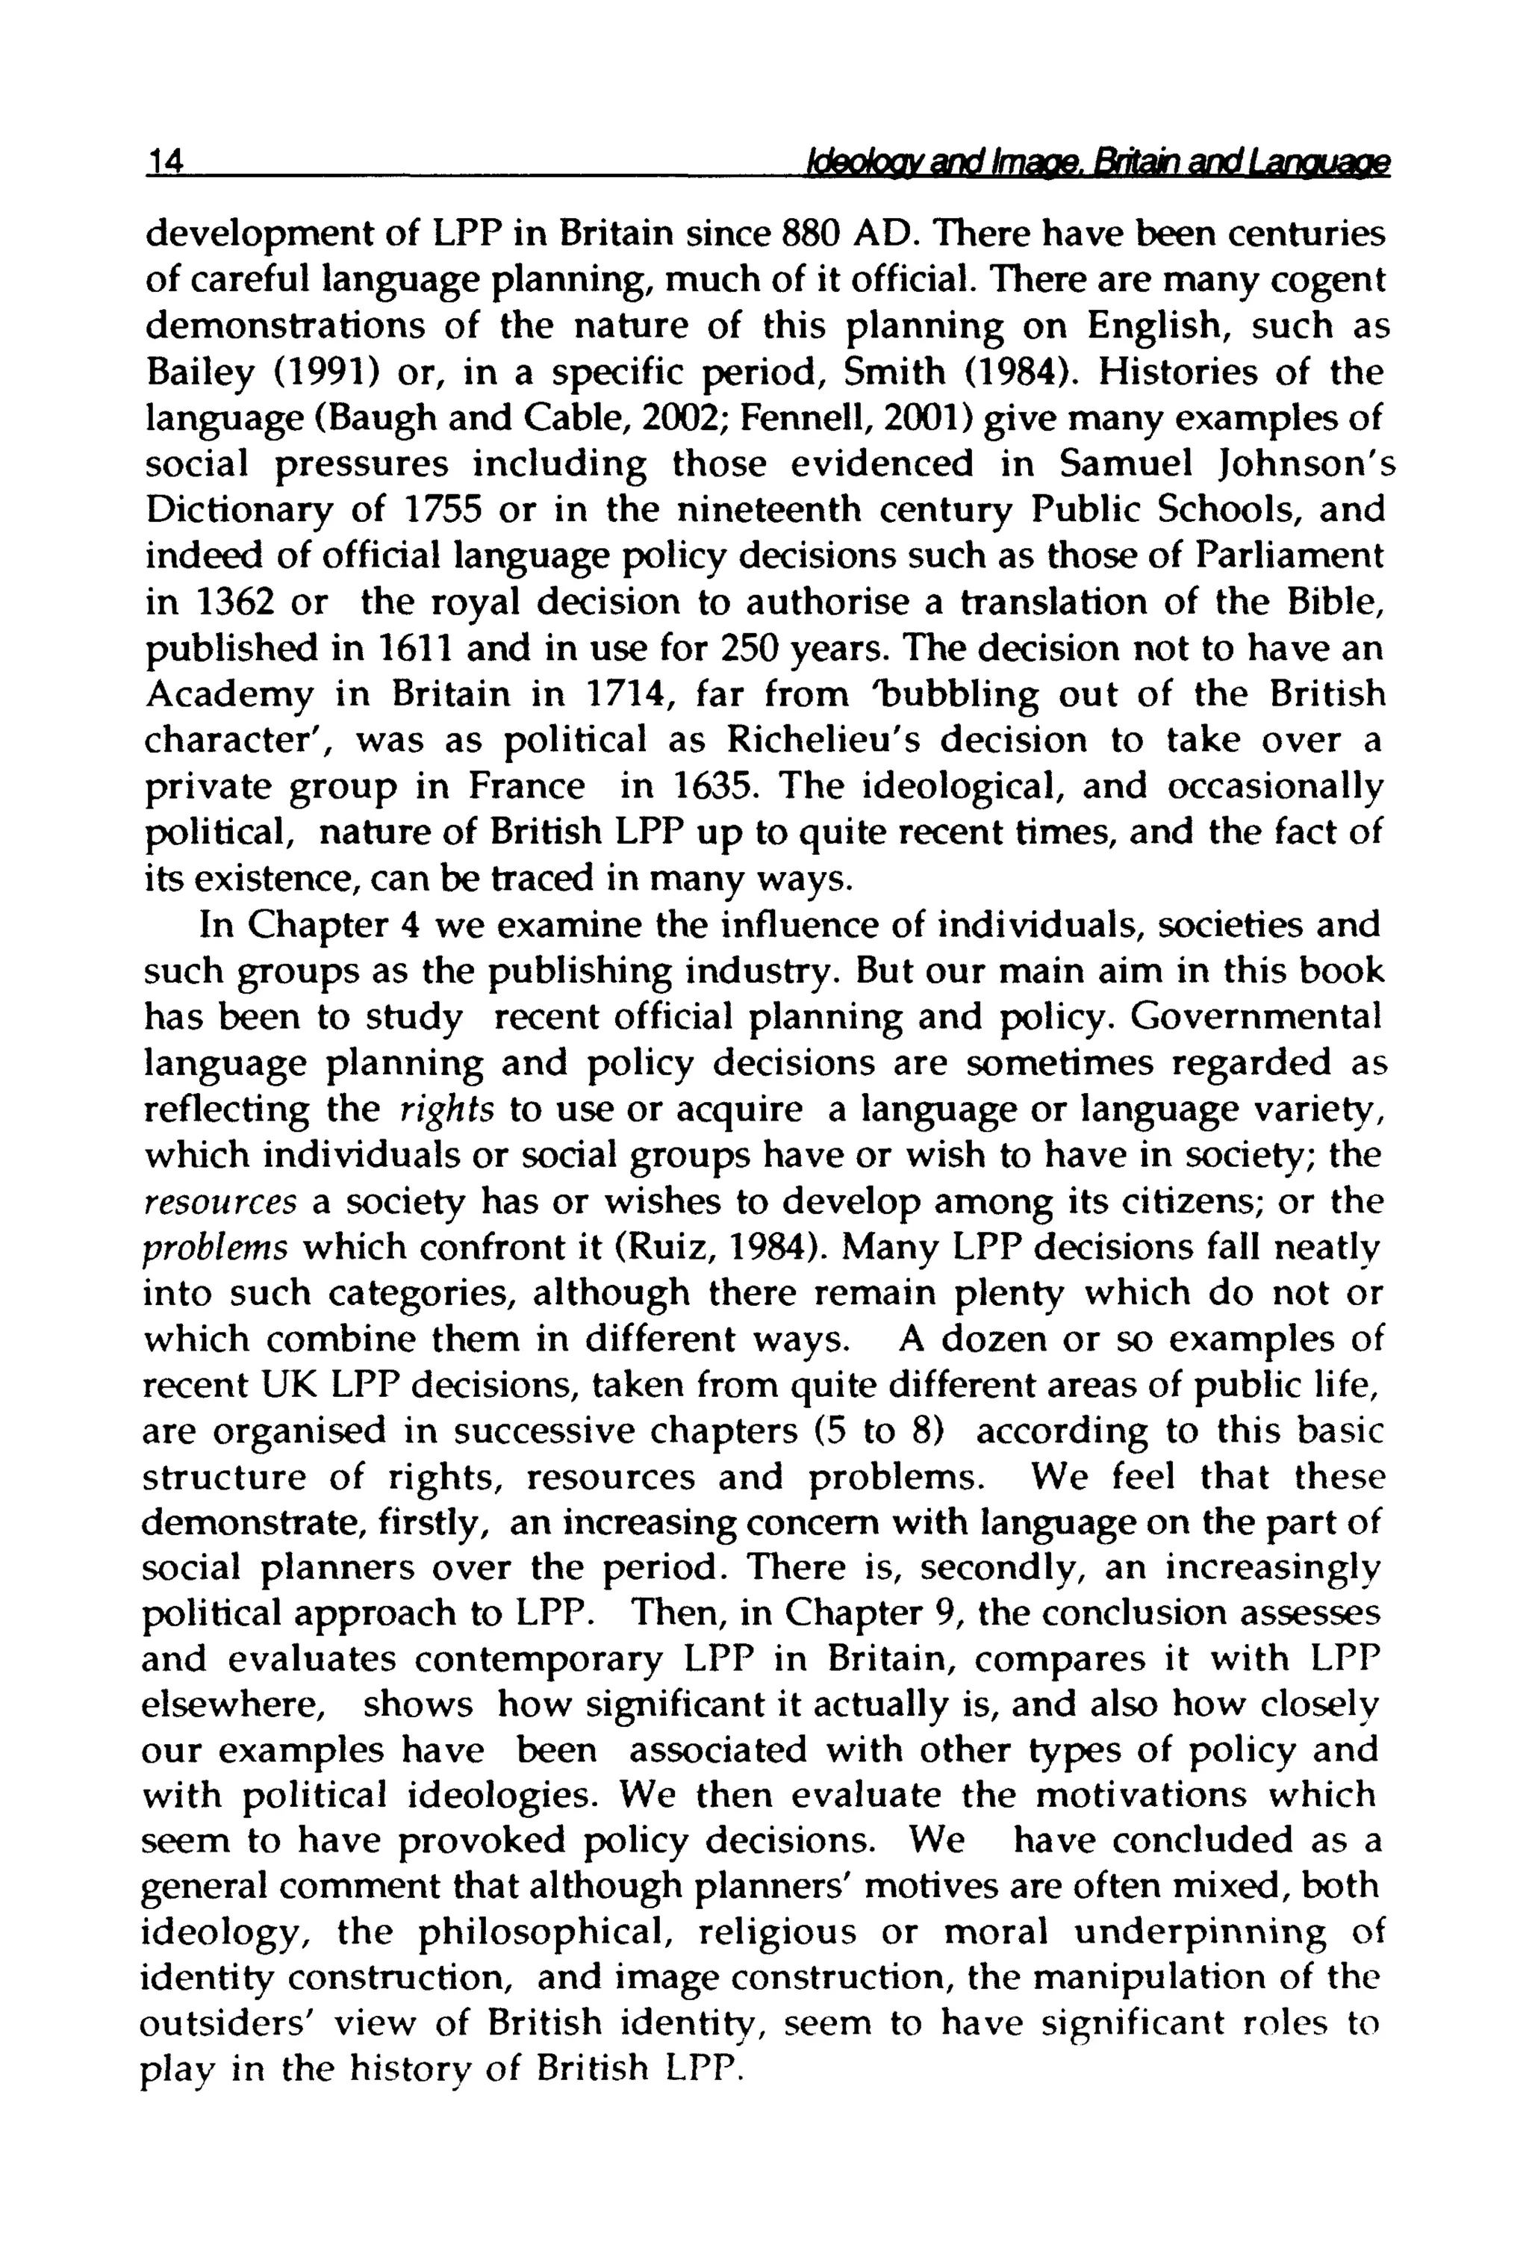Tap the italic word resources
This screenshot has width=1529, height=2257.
[219, 1201]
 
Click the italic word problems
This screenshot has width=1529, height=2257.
[215, 1247]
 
